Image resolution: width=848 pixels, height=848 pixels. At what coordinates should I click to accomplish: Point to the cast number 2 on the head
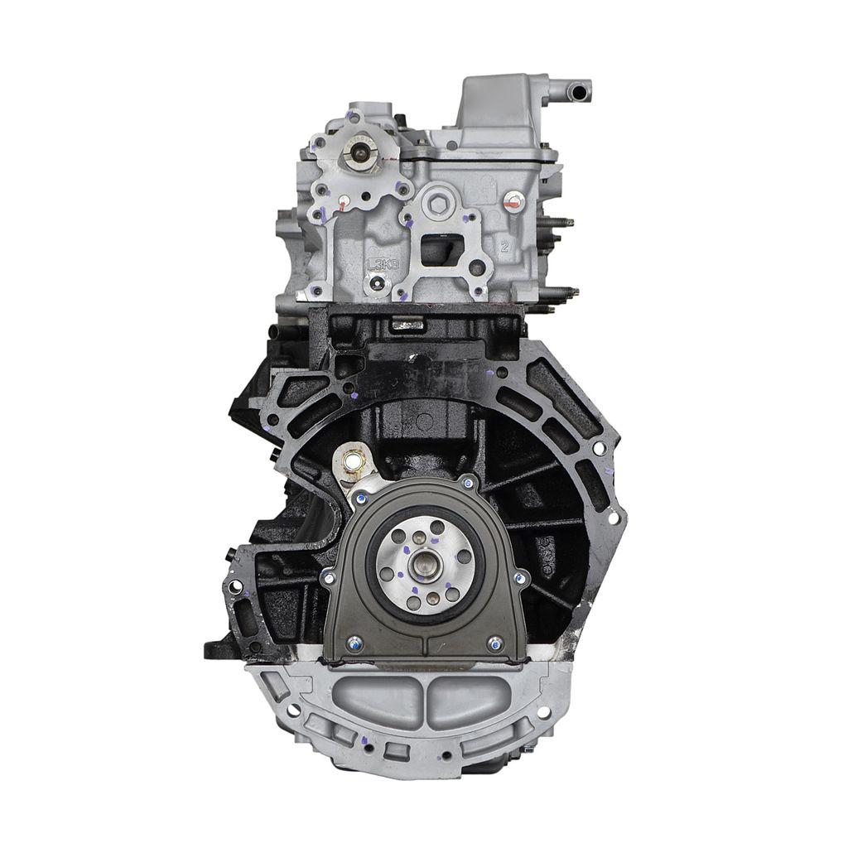503,247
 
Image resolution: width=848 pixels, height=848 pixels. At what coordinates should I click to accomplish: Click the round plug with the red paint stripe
513,200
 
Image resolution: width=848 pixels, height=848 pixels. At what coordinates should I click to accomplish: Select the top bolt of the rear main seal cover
468,483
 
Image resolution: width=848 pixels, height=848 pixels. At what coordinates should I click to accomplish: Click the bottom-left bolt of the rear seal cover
354,642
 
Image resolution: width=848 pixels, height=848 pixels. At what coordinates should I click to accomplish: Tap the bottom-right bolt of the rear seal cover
494,642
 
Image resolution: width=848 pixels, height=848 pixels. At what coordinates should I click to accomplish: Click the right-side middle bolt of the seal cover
520,576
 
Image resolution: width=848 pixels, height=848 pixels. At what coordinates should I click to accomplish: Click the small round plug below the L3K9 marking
378,284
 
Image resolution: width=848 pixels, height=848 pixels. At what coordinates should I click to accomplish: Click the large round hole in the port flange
478,267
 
